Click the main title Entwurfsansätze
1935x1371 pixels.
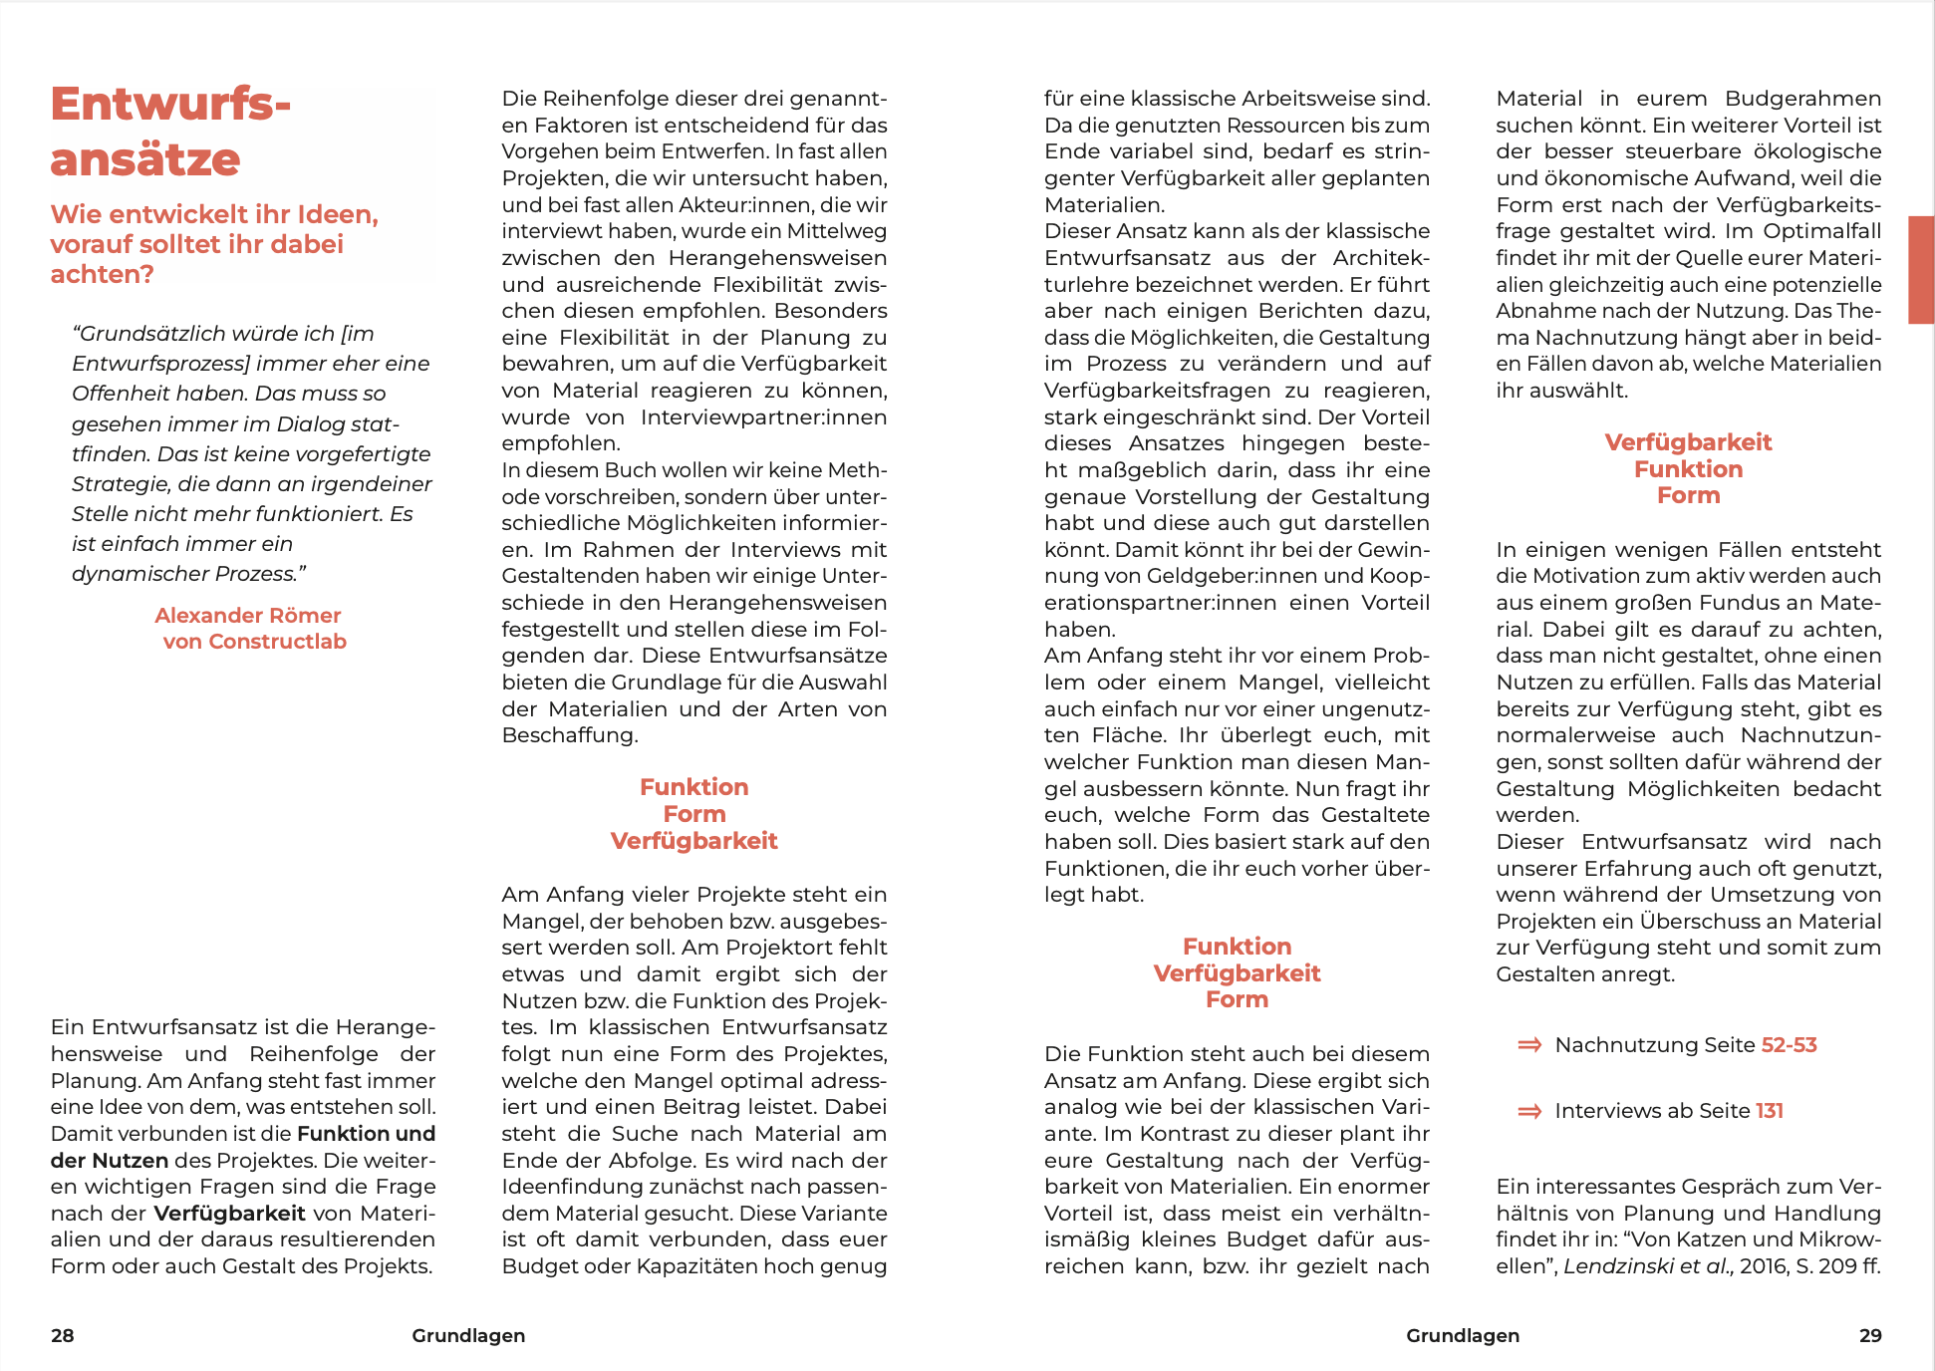[x=170, y=132]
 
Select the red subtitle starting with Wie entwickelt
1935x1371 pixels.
[x=214, y=244]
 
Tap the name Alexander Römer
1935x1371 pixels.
[x=248, y=616]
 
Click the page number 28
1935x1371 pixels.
[x=63, y=1336]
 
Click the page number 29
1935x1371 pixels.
[x=1870, y=1336]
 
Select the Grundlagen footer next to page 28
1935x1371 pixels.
[x=468, y=1336]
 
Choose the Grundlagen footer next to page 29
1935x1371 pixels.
[x=1463, y=1336]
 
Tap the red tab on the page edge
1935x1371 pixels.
[x=1921, y=269]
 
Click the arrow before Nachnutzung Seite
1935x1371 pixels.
[x=1529, y=1045]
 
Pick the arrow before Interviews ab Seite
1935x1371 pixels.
[x=1529, y=1111]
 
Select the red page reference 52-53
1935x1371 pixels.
[x=1790, y=1045]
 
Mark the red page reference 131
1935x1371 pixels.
[x=1770, y=1111]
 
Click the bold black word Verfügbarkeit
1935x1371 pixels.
[x=229, y=1214]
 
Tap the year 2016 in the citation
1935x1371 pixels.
[x=1764, y=1266]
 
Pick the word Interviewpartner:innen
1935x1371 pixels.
[x=764, y=417]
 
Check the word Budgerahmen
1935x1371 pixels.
[x=1803, y=99]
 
